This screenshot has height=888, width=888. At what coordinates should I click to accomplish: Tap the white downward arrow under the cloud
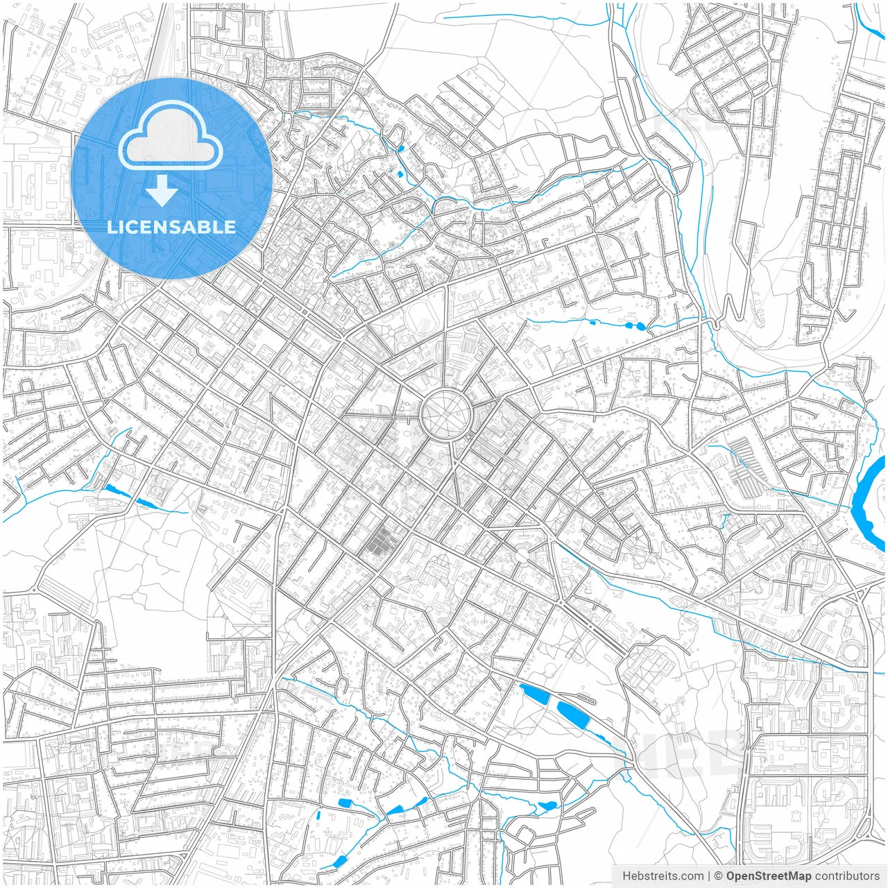point(162,191)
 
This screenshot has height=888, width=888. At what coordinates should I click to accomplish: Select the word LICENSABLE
point(171,227)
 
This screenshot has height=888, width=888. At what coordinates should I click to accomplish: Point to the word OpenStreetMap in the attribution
point(768,876)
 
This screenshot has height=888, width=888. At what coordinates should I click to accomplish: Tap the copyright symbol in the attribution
point(718,876)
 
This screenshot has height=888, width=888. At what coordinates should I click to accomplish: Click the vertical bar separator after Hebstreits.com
point(708,876)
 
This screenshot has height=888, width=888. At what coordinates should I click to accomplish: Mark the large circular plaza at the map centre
point(447,414)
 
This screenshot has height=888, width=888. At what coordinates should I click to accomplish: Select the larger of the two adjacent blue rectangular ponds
point(573,714)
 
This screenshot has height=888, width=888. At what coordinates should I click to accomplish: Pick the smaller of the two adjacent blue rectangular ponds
point(536,696)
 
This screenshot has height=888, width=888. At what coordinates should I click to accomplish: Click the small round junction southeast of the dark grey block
point(521,554)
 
